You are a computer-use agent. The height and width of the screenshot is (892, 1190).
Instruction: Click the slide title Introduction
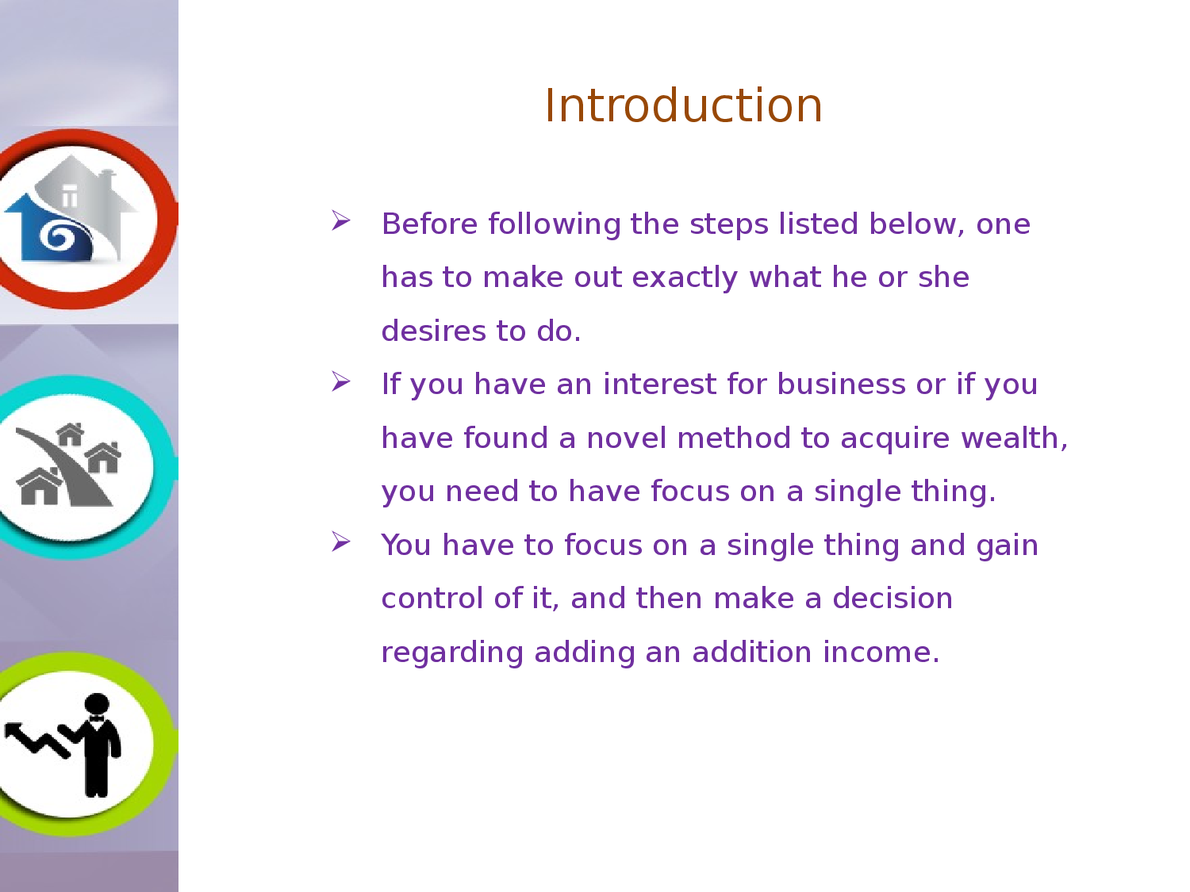(683, 105)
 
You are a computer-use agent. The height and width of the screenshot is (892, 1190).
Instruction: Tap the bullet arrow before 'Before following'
(341, 220)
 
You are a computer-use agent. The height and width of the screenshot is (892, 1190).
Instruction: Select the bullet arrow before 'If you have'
(341, 382)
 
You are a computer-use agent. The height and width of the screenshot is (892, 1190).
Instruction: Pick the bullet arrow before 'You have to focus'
(341, 542)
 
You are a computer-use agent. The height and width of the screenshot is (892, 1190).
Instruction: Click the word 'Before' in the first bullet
(429, 224)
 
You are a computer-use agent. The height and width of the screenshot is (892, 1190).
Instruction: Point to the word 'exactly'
(685, 278)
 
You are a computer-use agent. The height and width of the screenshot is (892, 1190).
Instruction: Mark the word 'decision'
(892, 598)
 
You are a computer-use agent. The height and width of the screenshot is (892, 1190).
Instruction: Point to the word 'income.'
(881, 652)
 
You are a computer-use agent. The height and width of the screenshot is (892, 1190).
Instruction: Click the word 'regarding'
(452, 653)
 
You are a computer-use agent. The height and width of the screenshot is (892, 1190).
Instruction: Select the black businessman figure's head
(97, 704)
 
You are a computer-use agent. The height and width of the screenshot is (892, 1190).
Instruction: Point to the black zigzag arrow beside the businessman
(36, 739)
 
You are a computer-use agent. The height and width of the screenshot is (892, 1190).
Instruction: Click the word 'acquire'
(895, 438)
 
